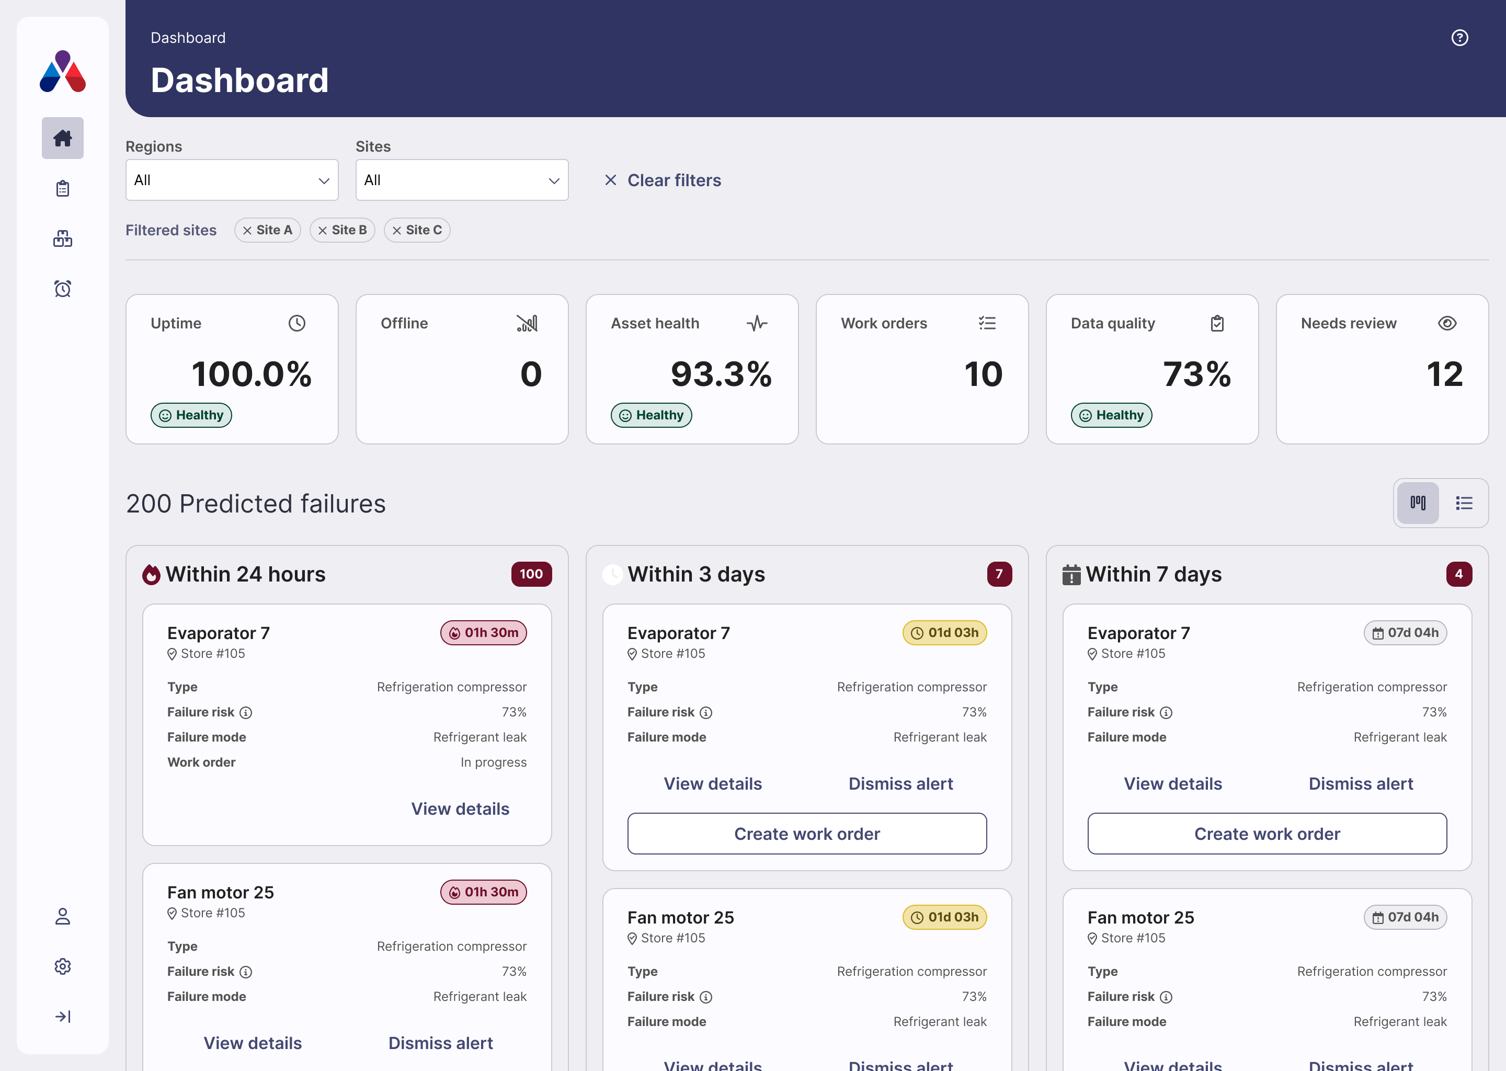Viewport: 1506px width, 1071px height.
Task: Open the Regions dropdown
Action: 232,180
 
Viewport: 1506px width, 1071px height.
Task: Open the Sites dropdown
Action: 462,180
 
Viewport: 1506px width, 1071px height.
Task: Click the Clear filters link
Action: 663,180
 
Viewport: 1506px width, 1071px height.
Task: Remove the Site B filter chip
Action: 323,230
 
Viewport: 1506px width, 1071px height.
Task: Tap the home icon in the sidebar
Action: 63,138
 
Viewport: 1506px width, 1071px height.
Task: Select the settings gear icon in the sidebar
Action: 63,966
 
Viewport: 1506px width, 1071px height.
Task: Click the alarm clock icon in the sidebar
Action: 63,288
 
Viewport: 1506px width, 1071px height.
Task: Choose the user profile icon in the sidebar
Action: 63,916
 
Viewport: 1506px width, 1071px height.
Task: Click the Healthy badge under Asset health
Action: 651,415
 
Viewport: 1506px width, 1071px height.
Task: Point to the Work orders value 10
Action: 983,374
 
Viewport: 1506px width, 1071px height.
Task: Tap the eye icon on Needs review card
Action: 1447,323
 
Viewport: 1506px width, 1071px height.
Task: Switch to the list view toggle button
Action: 1464,503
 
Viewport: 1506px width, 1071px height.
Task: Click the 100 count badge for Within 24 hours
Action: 531,574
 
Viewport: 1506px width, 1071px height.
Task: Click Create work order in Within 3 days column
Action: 806,834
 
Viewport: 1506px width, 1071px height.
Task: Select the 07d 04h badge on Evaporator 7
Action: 1405,632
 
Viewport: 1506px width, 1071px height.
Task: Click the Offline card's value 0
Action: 531,374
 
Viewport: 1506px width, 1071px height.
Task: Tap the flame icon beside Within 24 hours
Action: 151,574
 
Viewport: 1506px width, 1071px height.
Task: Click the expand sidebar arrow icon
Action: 63,1016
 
